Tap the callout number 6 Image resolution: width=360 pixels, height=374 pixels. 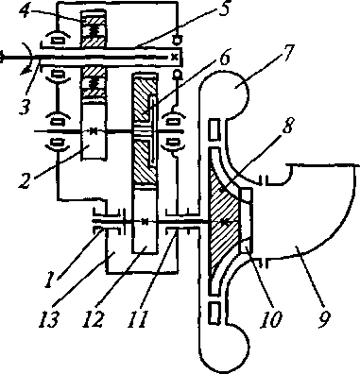point(223,57)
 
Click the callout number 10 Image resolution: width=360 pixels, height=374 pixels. point(271,318)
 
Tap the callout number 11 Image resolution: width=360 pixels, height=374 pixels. point(138,318)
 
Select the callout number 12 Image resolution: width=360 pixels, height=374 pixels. point(94,318)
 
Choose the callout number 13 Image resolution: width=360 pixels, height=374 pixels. point(48,318)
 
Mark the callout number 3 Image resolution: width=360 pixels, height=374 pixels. point(24,106)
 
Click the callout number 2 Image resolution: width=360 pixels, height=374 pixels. point(26,178)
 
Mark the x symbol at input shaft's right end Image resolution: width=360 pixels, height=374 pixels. point(174,57)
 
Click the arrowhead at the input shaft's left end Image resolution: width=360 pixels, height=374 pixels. point(2,58)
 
